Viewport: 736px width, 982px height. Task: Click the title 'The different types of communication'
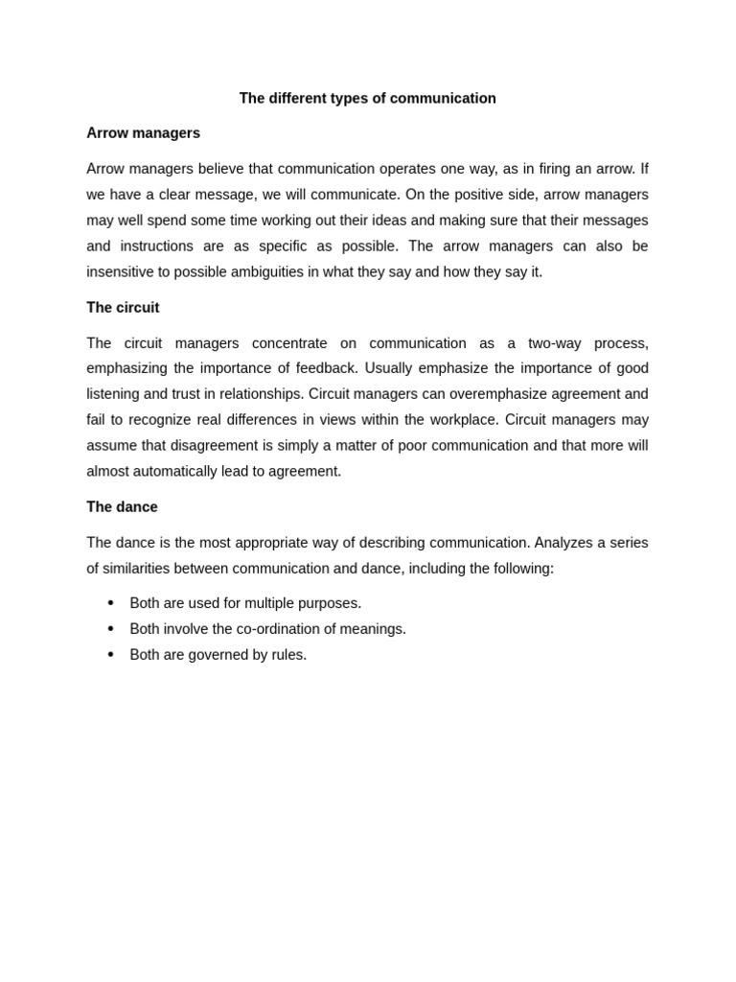tap(367, 98)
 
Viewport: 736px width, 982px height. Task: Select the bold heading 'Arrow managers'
tap(143, 133)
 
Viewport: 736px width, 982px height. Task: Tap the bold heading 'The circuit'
tap(123, 308)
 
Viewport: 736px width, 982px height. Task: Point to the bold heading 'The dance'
tap(122, 507)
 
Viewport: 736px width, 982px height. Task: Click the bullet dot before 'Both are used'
tap(110, 603)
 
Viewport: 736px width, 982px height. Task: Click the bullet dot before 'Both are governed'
tap(110, 655)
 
